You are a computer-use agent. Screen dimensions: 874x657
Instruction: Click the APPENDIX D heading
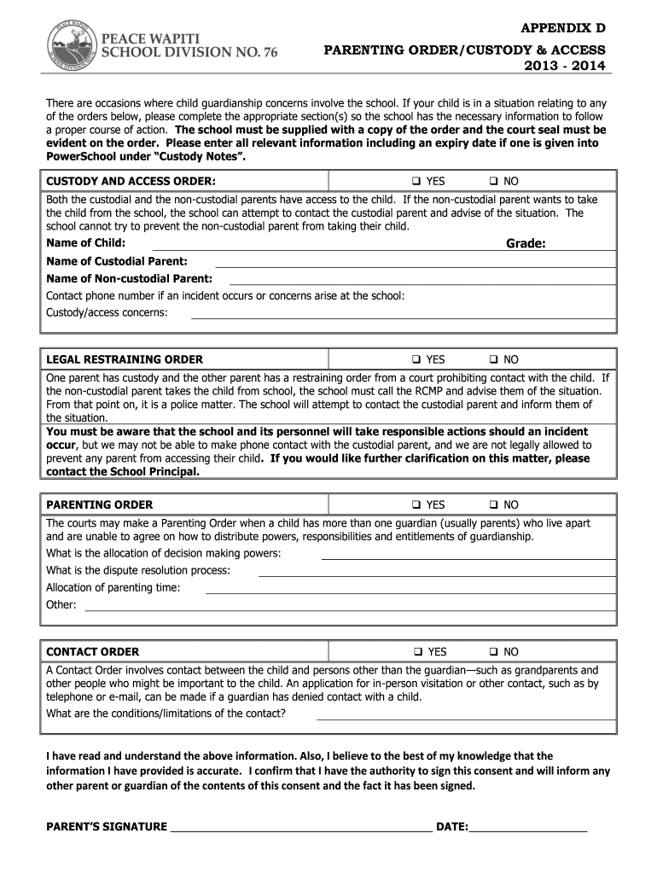(564, 27)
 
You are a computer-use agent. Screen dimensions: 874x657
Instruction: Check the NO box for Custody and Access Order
(493, 182)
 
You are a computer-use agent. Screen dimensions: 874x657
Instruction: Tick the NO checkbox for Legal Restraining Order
(493, 360)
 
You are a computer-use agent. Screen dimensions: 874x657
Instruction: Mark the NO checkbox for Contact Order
(493, 652)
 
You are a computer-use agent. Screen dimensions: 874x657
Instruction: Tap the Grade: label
(526, 244)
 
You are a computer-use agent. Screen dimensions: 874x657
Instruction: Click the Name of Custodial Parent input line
(414, 265)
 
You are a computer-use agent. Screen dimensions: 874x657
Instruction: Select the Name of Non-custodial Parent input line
(422, 283)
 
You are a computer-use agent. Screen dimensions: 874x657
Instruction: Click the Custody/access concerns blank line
(402, 318)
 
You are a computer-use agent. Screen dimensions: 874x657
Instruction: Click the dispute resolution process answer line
(436, 575)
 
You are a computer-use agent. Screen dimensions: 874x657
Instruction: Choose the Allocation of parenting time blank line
(410, 592)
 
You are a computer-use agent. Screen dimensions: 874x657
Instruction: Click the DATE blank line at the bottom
(528, 829)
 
